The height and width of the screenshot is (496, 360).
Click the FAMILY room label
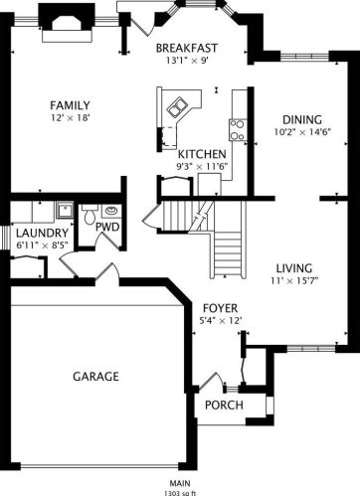(70, 105)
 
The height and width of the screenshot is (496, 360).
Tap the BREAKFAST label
(187, 48)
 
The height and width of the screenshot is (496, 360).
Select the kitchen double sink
(177, 107)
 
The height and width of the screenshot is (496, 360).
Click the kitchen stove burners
(238, 130)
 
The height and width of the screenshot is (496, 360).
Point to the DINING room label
(302, 119)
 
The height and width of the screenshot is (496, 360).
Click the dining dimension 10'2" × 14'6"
(302, 132)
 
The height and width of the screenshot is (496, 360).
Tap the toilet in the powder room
(90, 214)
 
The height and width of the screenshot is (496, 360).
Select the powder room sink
(111, 211)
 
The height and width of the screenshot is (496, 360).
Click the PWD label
(107, 227)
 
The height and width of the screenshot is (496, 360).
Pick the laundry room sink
(65, 210)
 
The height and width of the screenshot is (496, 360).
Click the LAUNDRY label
(42, 233)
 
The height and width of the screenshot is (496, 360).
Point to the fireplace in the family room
(67, 24)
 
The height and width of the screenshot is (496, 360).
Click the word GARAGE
(95, 377)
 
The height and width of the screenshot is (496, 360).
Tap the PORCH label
(224, 405)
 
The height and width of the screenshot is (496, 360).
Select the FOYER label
(220, 308)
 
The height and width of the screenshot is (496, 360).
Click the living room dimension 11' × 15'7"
(294, 281)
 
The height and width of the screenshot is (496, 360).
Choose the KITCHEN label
(202, 154)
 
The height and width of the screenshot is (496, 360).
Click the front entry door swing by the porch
(212, 381)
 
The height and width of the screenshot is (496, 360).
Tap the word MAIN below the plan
(180, 483)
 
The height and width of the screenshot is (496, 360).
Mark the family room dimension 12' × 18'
(71, 117)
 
